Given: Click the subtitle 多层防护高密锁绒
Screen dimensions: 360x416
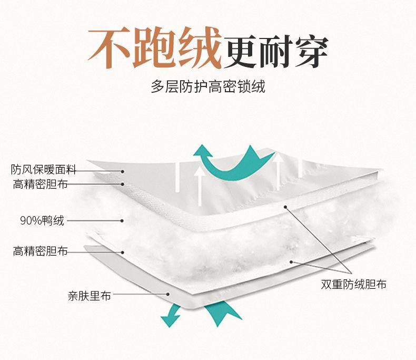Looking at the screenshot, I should click(208, 86).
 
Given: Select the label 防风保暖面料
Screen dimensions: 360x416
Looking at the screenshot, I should click(44, 170).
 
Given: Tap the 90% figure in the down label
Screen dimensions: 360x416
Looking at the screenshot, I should click(29, 221).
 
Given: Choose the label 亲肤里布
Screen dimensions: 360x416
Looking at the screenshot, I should click(89, 296).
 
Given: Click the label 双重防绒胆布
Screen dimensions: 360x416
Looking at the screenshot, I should click(353, 285).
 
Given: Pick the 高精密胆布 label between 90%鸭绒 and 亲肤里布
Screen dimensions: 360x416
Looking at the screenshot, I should click(41, 252).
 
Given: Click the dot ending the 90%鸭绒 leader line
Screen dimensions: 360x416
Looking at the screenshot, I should click(123, 221).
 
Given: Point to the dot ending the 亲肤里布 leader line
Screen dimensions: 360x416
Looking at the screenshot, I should click(167, 295).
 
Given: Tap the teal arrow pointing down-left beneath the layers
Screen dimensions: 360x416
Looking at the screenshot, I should click(170, 315).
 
